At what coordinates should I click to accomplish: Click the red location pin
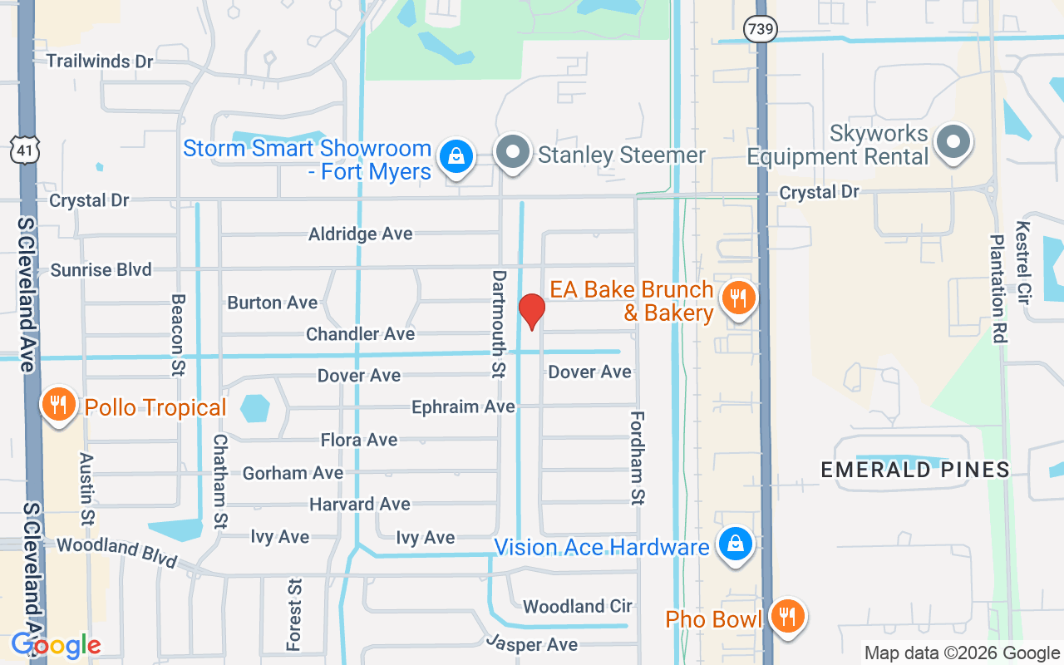tap(531, 311)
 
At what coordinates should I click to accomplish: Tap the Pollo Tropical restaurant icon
tap(57, 405)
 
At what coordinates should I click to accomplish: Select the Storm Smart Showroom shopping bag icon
tap(456, 155)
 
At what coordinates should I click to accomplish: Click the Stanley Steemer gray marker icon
tap(514, 152)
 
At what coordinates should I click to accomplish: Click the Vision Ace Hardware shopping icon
tap(735, 544)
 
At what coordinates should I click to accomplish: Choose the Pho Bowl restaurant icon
tap(786, 617)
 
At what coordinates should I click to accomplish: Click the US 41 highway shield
tap(23, 150)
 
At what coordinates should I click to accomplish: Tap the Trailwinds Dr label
tap(100, 62)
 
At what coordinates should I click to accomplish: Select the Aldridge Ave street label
tap(360, 234)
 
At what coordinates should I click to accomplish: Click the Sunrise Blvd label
tap(101, 270)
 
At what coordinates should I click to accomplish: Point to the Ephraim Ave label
tap(463, 407)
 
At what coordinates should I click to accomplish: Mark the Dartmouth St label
tap(499, 323)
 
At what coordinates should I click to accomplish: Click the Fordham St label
tap(638, 457)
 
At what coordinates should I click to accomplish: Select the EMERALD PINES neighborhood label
tap(915, 470)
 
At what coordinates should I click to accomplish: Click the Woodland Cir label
tap(577, 606)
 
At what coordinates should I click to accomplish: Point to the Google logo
tap(56, 645)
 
